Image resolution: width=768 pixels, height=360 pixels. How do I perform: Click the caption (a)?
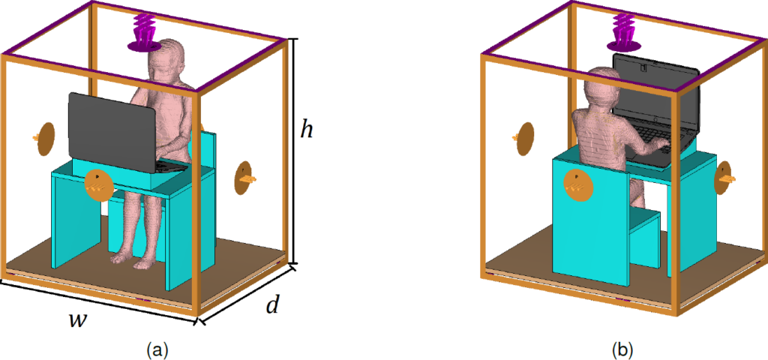pos(157,350)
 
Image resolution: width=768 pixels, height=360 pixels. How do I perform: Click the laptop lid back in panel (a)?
pos(112,131)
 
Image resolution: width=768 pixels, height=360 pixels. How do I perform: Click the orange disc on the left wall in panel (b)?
pos(524,139)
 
